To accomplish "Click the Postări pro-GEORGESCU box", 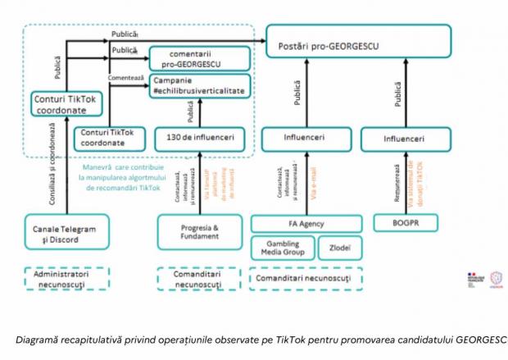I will pyautogui.click(x=358, y=42).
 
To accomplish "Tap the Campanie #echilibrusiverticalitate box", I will pyautogui.click(x=199, y=87).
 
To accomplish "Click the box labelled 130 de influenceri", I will pyautogui.click(x=199, y=138).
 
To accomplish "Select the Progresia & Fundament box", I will pyautogui.click(x=199, y=231).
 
